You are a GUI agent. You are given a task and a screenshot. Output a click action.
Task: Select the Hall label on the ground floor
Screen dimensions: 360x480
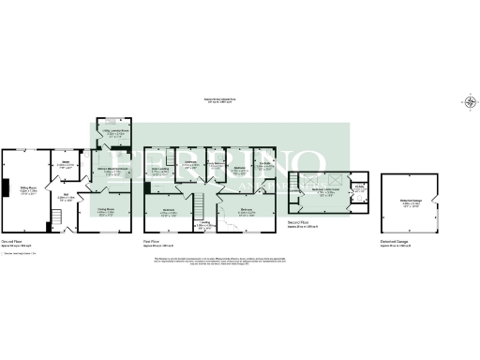(67, 197)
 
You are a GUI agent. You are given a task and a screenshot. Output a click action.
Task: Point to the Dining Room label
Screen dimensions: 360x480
(112, 211)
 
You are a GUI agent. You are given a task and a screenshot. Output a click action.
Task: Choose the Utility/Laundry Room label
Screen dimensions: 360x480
(116, 133)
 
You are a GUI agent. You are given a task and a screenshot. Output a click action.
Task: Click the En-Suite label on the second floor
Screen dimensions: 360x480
(358, 187)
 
